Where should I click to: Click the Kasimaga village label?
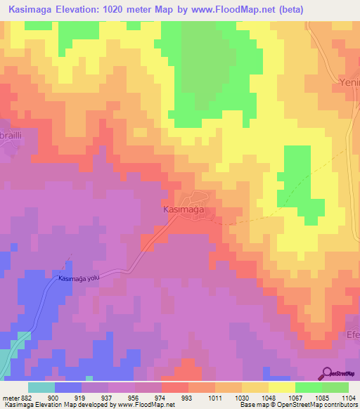click(x=183, y=209)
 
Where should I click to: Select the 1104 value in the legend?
click(x=348, y=397)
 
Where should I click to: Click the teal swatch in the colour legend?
click(x=41, y=387)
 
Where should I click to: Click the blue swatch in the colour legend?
click(x=68, y=387)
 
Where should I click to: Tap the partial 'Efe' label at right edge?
click(x=352, y=335)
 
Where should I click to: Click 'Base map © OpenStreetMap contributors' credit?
click(x=297, y=405)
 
